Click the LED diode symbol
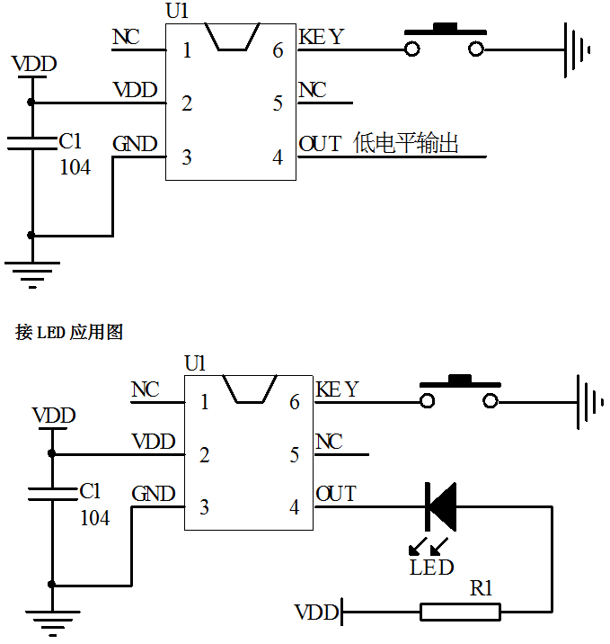pos(440,506)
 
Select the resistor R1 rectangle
pos(460,613)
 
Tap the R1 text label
pos(482,589)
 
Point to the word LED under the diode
pos(431,568)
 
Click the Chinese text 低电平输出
pos(406,143)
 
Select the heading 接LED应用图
pos(69,332)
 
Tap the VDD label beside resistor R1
pos(316,613)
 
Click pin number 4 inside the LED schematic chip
pos(294,507)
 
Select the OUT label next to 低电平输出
pos(320,144)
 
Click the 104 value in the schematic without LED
pos(75,166)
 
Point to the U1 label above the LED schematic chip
pos(195,363)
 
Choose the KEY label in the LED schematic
pos(337,389)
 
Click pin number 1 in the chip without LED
pos(187,50)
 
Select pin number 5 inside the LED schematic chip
pos(294,455)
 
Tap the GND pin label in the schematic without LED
pos(135,144)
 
